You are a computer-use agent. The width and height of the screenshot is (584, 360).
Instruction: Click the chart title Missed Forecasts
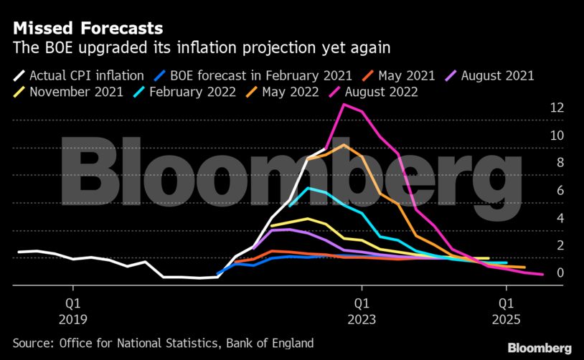[x=87, y=29]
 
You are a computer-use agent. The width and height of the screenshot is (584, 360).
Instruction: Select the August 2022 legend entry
[x=381, y=92]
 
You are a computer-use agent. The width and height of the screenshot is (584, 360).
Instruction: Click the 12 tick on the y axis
[x=556, y=108]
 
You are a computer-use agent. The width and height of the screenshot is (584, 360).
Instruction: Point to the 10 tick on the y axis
[x=556, y=136]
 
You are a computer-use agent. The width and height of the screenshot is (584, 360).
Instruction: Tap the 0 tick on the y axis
[x=560, y=273]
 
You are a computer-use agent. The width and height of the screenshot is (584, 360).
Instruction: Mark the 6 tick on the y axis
[x=560, y=190]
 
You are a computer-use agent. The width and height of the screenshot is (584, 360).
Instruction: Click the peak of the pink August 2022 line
[x=344, y=105]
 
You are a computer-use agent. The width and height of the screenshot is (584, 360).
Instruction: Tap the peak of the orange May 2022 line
[x=344, y=145]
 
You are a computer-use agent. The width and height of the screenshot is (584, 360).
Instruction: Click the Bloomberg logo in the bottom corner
[x=540, y=348]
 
